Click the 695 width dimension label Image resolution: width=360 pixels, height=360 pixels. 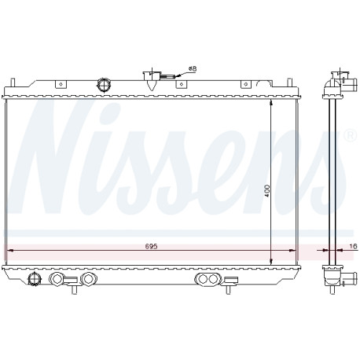click(x=151, y=246)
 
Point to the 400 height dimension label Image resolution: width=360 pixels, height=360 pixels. click(x=266, y=191)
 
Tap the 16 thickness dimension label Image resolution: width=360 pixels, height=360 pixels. click(x=353, y=246)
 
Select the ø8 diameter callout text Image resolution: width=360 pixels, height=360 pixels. click(x=193, y=68)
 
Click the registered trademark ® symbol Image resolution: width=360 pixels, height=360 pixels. click(x=351, y=135)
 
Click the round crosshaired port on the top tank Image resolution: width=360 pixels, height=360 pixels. click(x=104, y=84)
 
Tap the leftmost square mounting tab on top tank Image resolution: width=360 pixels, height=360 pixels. click(x=61, y=84)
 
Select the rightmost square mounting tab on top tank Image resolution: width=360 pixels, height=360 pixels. click(x=245, y=84)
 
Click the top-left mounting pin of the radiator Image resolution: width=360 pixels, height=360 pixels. click(x=12, y=83)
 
